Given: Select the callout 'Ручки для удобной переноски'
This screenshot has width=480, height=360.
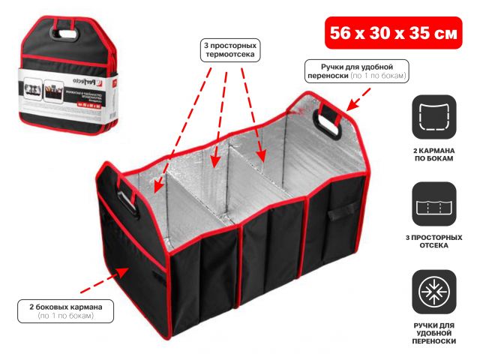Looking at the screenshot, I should point(358,71).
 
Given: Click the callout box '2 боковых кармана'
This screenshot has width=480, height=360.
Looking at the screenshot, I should point(67,311).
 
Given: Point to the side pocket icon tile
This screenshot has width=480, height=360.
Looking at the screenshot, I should point(433,116).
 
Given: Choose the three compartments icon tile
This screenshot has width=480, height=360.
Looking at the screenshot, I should point(433,204).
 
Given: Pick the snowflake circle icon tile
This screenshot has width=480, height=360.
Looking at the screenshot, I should point(433,292).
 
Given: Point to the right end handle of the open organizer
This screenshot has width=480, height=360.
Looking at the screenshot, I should point(331,121).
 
